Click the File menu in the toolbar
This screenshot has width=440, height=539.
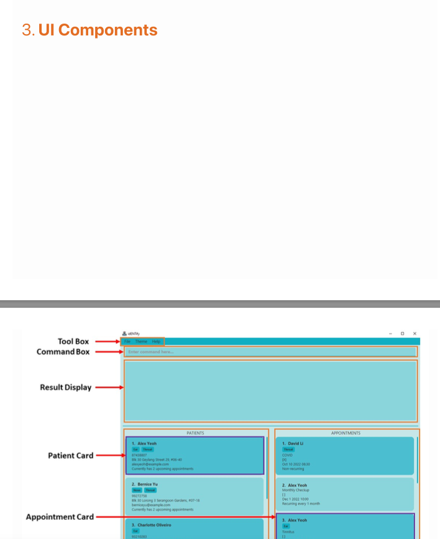tap(127, 341)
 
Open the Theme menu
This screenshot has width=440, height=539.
tap(141, 341)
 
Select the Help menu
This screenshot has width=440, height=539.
tap(156, 341)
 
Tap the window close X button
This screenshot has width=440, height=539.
tap(415, 333)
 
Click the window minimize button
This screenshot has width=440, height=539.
tap(391, 333)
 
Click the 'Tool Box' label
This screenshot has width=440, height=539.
tap(73, 341)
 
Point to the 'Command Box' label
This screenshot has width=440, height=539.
tap(63, 352)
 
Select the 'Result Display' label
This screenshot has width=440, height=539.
tap(65, 387)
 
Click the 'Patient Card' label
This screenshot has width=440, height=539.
tap(70, 456)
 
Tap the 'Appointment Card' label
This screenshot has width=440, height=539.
tap(60, 517)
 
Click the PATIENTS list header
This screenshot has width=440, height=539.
tap(195, 433)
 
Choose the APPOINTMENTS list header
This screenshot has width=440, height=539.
tap(346, 433)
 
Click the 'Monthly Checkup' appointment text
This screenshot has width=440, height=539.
tap(296, 490)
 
